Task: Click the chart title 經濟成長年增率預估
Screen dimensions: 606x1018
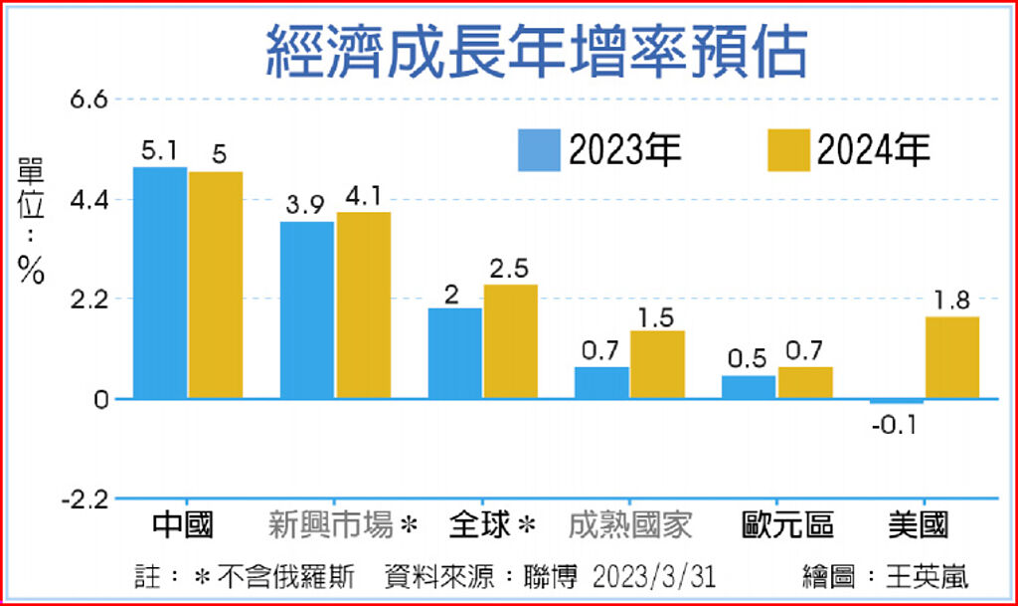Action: (x=536, y=51)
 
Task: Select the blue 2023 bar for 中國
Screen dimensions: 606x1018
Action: (x=160, y=283)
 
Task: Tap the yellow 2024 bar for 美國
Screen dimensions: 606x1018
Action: (x=951, y=357)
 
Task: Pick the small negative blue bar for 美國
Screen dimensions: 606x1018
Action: (x=897, y=401)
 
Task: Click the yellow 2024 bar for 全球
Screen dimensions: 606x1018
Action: (x=510, y=341)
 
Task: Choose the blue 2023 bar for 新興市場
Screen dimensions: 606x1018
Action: (x=307, y=309)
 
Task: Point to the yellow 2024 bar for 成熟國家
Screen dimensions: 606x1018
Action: (x=657, y=364)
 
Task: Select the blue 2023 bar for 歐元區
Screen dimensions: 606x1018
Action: (x=749, y=387)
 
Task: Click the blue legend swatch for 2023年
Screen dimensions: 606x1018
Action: (x=540, y=150)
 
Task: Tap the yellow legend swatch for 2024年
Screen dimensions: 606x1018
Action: (x=788, y=150)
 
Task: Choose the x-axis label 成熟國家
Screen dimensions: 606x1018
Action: (x=633, y=525)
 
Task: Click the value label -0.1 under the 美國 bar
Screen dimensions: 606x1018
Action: (x=898, y=426)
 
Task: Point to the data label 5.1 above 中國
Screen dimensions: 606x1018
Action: (x=159, y=151)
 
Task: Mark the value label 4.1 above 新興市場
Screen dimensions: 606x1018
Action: (x=364, y=196)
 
